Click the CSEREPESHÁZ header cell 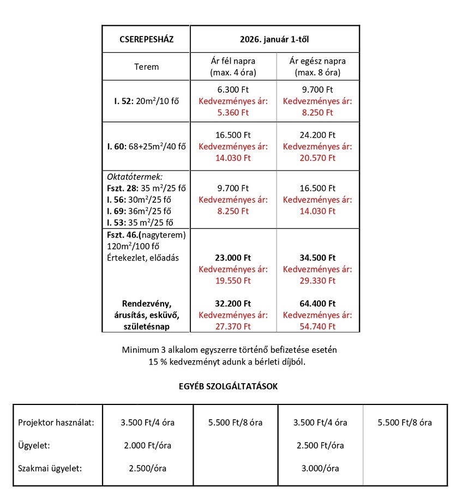[x=145, y=39]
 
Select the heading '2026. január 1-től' [x=274, y=39]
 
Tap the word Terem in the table [x=146, y=67]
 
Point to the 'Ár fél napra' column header [x=233, y=61]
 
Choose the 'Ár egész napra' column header [x=317, y=61]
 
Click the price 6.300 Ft [x=233, y=89]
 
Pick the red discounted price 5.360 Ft [x=233, y=113]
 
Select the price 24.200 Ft [x=317, y=135]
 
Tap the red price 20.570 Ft [x=317, y=158]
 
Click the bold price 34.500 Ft [x=317, y=258]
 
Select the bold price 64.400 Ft [x=317, y=304]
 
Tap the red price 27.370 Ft [x=233, y=326]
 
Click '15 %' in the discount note [x=158, y=361]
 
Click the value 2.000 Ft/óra [x=148, y=445]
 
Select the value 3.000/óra [x=320, y=468]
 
